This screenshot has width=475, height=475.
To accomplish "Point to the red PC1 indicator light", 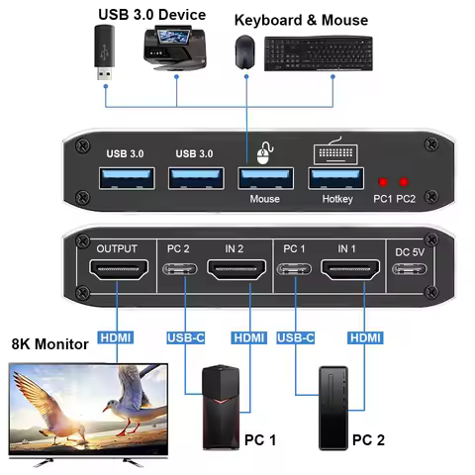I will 382,182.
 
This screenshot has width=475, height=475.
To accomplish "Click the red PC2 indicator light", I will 404,182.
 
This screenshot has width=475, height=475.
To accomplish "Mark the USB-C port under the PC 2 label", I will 181,269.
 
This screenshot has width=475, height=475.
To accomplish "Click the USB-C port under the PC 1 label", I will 298,269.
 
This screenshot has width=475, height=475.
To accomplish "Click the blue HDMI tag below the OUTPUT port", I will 116,338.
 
